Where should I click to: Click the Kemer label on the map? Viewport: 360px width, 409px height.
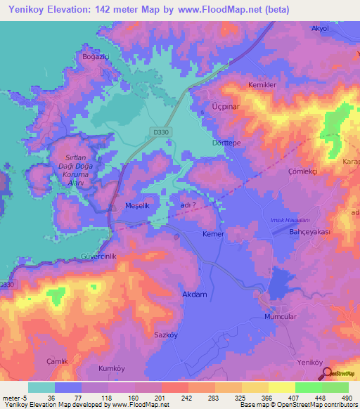point(213,233)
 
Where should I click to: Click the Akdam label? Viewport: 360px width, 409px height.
point(194,294)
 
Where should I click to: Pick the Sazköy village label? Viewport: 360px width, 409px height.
point(167,335)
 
